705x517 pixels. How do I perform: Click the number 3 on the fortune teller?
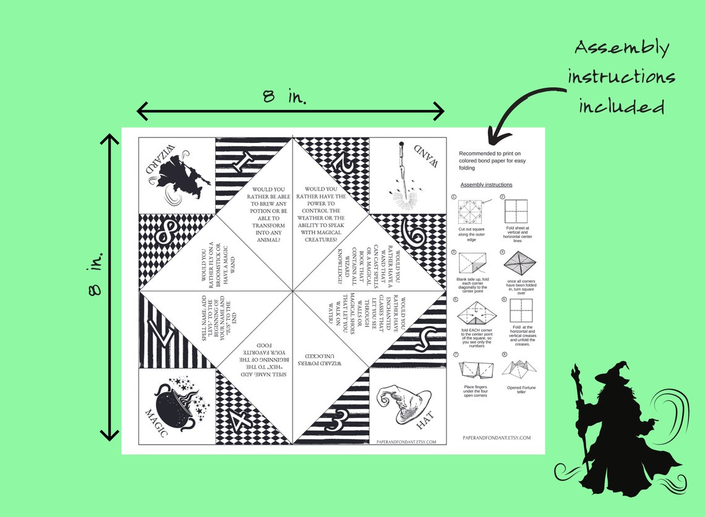(x=335, y=423)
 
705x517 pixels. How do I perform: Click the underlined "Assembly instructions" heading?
(x=486, y=185)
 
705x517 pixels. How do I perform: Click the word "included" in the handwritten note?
(x=622, y=106)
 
